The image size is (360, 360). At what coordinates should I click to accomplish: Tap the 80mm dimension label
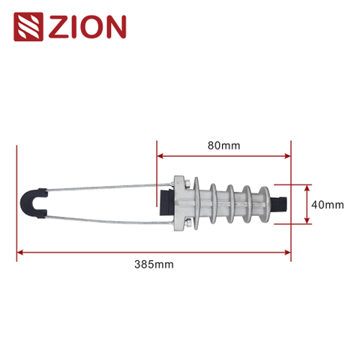(x=224, y=145)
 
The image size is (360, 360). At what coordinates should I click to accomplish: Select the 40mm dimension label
(x=327, y=204)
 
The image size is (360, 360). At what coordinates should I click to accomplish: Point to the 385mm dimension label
(x=153, y=265)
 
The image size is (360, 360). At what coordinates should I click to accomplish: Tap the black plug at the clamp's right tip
(x=283, y=203)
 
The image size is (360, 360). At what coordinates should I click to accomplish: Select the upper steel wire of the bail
(x=105, y=190)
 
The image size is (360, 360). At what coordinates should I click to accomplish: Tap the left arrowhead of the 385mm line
(x=19, y=252)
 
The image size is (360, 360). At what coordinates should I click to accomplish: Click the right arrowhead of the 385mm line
(x=288, y=252)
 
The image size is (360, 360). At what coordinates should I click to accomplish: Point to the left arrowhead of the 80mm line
(x=159, y=157)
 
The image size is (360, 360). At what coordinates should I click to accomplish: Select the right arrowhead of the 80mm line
(x=288, y=157)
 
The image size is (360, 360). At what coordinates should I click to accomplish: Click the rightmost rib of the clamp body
(x=262, y=202)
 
